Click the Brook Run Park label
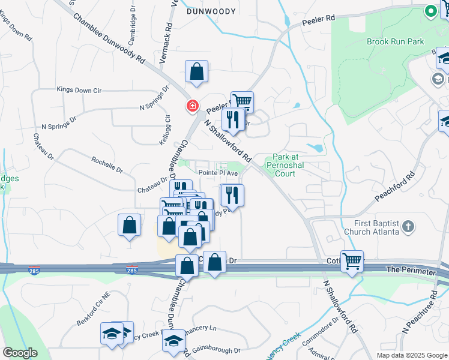(395, 41)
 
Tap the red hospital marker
(191, 107)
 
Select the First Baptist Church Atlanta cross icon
(408, 227)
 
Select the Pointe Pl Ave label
(219, 173)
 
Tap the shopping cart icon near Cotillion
(352, 260)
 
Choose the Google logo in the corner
(20, 353)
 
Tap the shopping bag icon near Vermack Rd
(196, 72)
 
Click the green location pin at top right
(430, 11)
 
